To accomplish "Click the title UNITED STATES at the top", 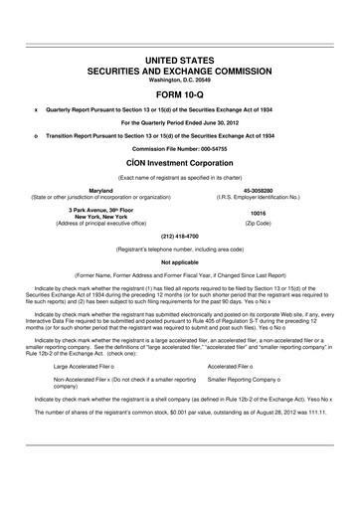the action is click(180, 61).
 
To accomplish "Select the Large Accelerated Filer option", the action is click(89, 366).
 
